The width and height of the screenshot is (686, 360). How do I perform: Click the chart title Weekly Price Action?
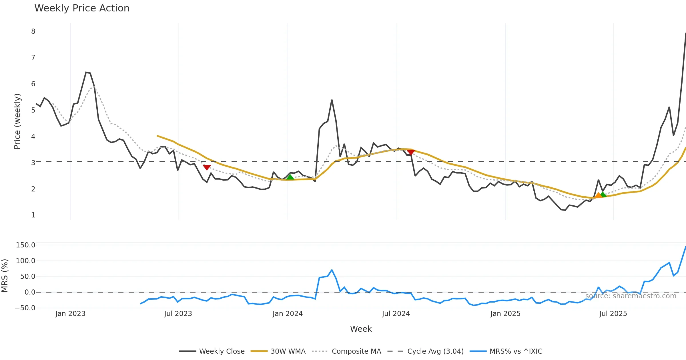pyautogui.click(x=82, y=8)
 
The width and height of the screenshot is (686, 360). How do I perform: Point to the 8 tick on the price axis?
pyautogui.click(x=33, y=31)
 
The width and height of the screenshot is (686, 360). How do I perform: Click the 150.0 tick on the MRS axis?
pyautogui.click(x=25, y=245)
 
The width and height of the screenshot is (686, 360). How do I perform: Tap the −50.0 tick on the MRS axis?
pyautogui.click(x=25, y=308)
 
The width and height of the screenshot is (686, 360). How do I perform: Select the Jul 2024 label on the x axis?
pyautogui.click(x=396, y=314)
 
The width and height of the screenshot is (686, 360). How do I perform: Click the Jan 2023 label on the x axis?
pyautogui.click(x=70, y=314)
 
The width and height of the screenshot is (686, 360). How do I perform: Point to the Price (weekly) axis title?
pyautogui.click(x=17, y=121)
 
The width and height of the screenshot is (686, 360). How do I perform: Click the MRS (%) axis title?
pyautogui.click(x=5, y=276)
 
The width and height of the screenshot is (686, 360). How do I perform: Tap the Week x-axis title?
pyautogui.click(x=361, y=329)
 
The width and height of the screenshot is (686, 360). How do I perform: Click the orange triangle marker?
pyautogui.click(x=598, y=195)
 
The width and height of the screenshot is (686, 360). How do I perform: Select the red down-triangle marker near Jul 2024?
pyautogui.click(x=411, y=152)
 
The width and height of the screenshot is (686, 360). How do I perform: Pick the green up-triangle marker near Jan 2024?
pyautogui.click(x=290, y=177)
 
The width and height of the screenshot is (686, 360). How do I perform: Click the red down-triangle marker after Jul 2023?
pyautogui.click(x=207, y=167)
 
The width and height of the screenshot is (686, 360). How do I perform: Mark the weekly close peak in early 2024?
pyautogui.click(x=332, y=100)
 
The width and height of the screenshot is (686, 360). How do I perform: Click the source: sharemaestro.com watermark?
pyautogui.click(x=631, y=296)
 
